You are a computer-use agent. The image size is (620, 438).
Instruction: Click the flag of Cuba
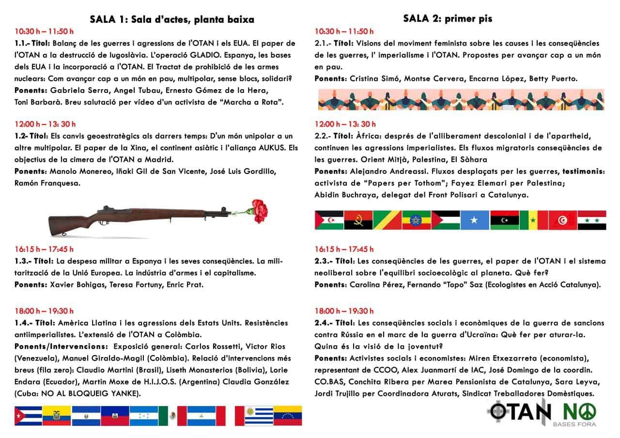[28, 415]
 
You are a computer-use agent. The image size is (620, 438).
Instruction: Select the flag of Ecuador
[57, 415]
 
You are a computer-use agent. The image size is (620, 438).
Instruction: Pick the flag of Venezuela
[288, 415]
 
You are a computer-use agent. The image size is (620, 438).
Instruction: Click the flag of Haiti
[115, 415]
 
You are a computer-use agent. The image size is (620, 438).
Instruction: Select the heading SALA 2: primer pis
[448, 18]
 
